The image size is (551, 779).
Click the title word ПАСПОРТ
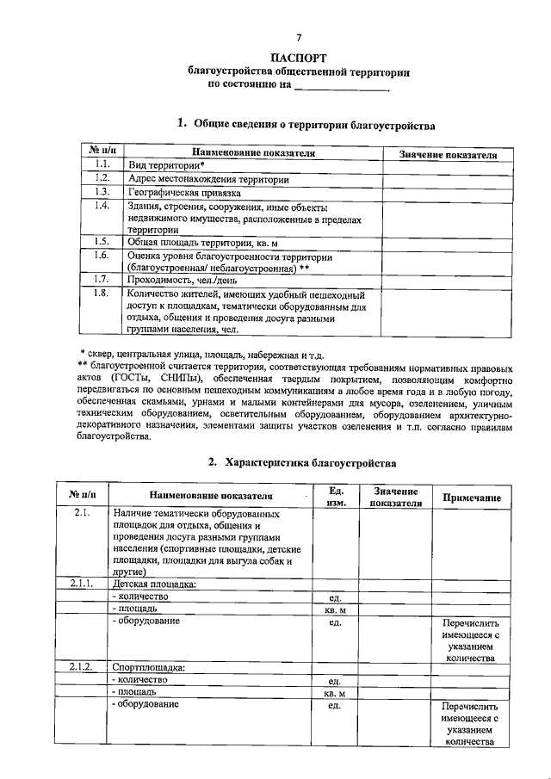pos(299,58)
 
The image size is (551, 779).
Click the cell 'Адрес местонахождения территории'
pos(208,179)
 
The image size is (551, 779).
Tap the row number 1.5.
pos(101,242)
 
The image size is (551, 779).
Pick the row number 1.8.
pos(101,294)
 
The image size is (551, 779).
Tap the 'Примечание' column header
pos(471,498)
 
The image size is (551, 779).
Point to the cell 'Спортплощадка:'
pos(150,666)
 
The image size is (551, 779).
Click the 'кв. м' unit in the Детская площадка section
pos(336,609)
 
